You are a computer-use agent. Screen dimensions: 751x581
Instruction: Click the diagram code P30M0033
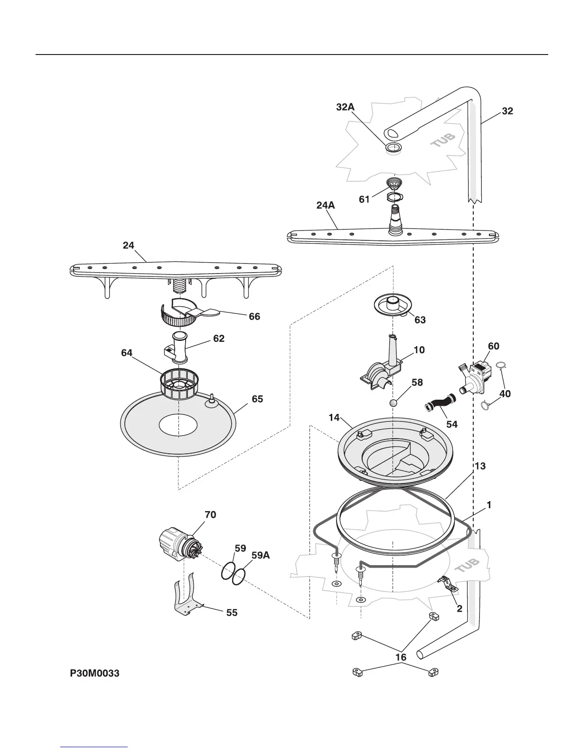tap(94, 673)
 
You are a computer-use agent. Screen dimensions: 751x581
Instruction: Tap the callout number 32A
tap(345, 107)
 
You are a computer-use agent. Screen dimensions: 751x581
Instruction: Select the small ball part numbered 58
tap(394, 403)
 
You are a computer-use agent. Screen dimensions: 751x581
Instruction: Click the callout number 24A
tap(326, 205)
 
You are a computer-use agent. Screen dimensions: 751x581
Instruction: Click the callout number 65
tap(257, 399)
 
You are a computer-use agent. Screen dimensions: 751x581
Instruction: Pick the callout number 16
tap(401, 657)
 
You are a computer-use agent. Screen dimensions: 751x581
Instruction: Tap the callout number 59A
tap(260, 555)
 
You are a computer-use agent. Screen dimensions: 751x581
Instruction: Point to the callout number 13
tap(480, 466)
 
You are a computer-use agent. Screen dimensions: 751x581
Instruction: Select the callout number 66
tap(254, 316)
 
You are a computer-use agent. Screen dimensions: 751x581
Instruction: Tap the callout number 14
tap(334, 417)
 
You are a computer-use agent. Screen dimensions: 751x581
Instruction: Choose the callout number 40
tap(505, 394)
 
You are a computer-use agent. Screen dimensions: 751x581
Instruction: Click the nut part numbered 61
tap(393, 184)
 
